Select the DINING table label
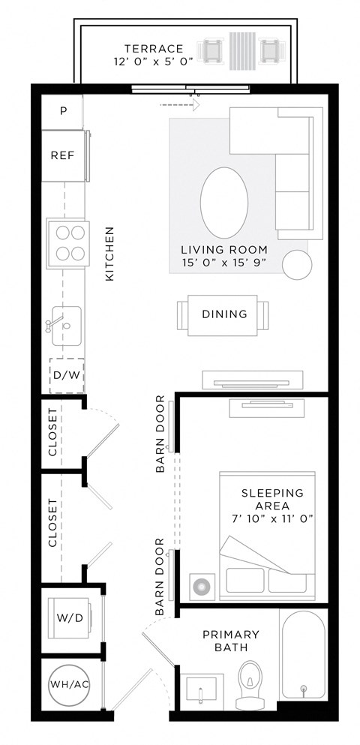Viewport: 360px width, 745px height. pyautogui.click(x=224, y=314)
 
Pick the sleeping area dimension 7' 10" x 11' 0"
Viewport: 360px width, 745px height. pyautogui.click(x=272, y=518)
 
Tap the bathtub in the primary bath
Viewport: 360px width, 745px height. pyautogui.click(x=303, y=653)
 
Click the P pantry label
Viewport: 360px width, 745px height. pyautogui.click(x=63, y=111)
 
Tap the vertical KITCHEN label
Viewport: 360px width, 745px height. pyautogui.click(x=109, y=254)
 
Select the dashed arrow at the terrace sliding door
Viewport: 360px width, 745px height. pyautogui.click(x=178, y=106)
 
